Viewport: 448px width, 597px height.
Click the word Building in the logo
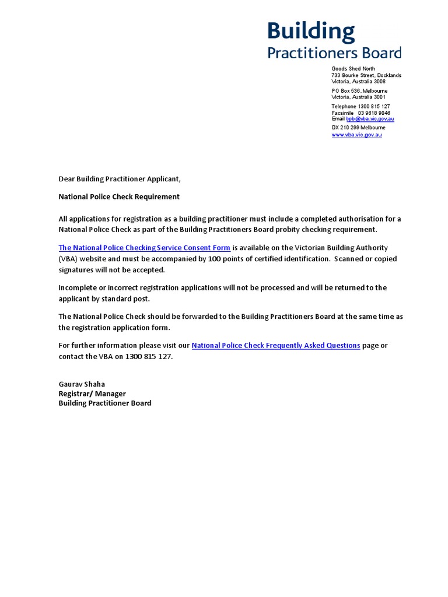pyautogui.click(x=311, y=32)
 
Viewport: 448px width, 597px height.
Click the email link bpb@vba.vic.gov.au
pyautogui.click(x=370, y=119)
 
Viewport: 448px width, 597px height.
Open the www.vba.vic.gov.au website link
pyautogui.click(x=356, y=135)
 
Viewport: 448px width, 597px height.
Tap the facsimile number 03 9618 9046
pyautogui.click(x=378, y=113)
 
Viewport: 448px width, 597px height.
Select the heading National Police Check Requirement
pyautogui.click(x=119, y=196)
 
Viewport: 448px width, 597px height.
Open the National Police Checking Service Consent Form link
pyautogui.click(x=144, y=248)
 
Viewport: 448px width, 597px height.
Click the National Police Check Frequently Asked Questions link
pyautogui.click(x=275, y=345)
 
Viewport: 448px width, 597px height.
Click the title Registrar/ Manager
pyautogui.click(x=92, y=394)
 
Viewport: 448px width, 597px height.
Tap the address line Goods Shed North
pyautogui.click(x=353, y=69)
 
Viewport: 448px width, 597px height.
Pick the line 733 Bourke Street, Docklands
pyautogui.click(x=366, y=75)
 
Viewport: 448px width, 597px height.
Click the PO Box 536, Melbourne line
pyautogui.click(x=359, y=91)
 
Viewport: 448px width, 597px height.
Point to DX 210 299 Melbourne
pyautogui.click(x=358, y=127)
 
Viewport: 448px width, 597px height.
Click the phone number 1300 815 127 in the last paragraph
pyautogui.click(x=149, y=356)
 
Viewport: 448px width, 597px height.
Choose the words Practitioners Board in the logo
pyautogui.click(x=334, y=53)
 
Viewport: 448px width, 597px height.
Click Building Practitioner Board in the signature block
pyautogui.click(x=105, y=403)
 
